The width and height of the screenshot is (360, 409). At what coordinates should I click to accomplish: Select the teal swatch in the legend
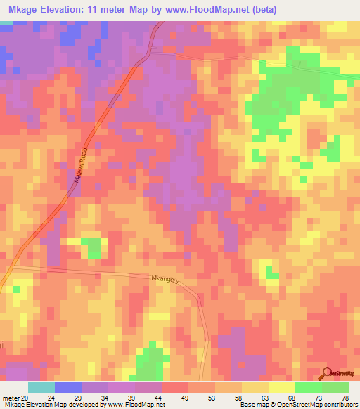pyautogui.click(x=41, y=387)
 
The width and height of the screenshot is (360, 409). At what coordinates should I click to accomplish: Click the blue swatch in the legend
pyautogui.click(x=67, y=387)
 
